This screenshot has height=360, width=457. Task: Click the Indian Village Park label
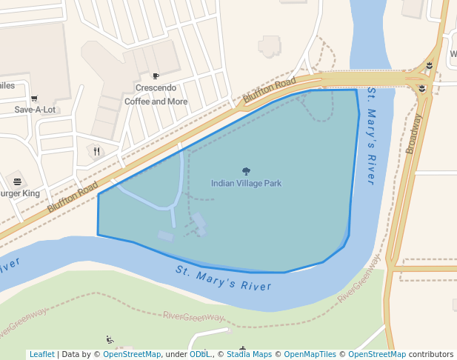[x=246, y=183]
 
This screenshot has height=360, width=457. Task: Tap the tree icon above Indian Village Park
[x=246, y=171]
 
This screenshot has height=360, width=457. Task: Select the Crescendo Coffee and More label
[x=156, y=94]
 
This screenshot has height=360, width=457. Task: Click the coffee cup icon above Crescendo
[x=156, y=76]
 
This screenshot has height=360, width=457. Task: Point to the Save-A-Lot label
[x=35, y=110]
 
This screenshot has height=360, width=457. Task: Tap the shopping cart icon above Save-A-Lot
[x=34, y=98]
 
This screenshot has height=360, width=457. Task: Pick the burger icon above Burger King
[x=17, y=181]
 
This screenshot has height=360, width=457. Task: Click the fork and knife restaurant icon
[x=96, y=151]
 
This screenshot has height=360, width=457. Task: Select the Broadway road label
[x=413, y=133]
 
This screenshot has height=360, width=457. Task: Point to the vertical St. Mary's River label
[x=372, y=136]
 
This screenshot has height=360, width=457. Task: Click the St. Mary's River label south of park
[x=224, y=277]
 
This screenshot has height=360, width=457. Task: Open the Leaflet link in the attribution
[x=41, y=354]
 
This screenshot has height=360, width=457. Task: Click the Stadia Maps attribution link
[x=251, y=354]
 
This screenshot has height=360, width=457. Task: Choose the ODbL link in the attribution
[x=200, y=354]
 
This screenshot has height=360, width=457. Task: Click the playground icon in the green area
[x=110, y=340]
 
